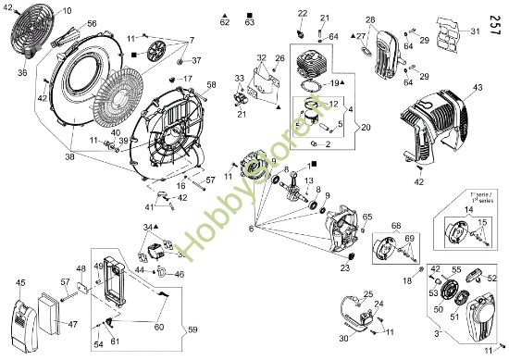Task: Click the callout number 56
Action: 91,23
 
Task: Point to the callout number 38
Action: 69,156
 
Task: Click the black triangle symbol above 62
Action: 226,19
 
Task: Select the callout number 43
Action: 478,87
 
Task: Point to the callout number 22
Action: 303,12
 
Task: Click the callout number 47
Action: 72,325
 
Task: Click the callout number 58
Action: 211,85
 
